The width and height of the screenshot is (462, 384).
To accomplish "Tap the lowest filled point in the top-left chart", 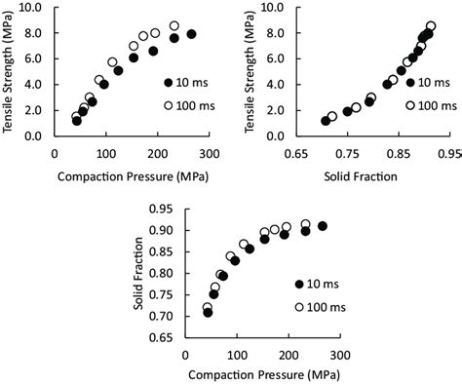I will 77,121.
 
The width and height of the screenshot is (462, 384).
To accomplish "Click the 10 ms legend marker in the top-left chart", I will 169,83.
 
